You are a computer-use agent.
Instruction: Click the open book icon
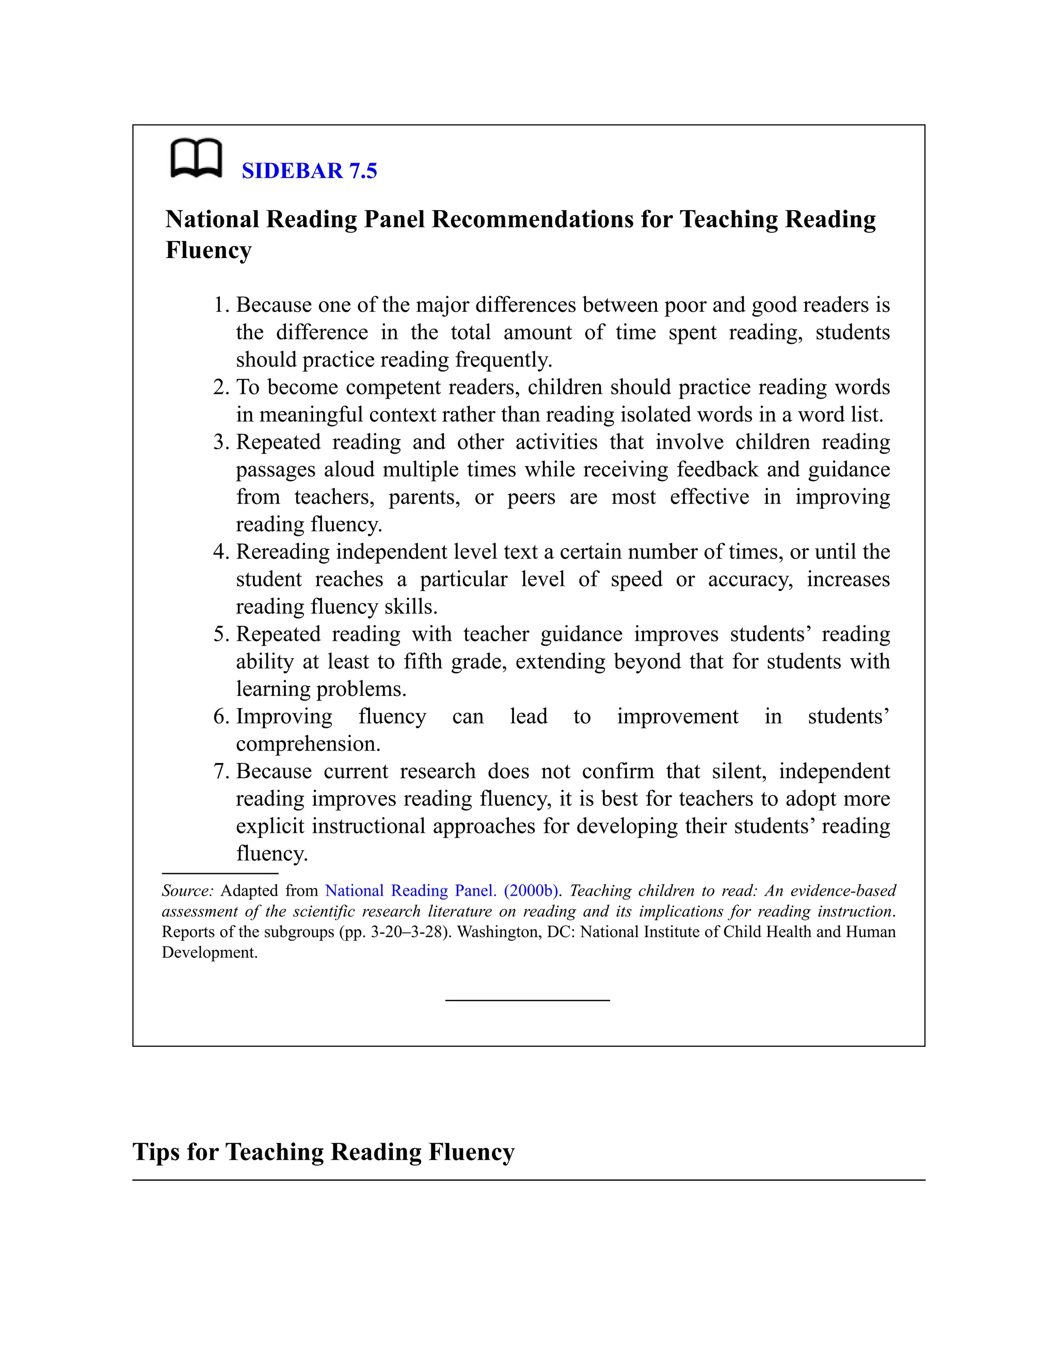pos(196,158)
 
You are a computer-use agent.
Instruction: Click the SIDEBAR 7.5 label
pos(309,171)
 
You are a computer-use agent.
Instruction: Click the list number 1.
pos(220,305)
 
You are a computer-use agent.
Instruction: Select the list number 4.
pos(220,552)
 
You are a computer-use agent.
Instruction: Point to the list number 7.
pos(220,771)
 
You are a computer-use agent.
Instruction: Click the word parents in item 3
pos(424,497)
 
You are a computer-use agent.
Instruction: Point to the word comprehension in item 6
pos(308,744)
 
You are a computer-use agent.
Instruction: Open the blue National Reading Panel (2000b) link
pos(442,890)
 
